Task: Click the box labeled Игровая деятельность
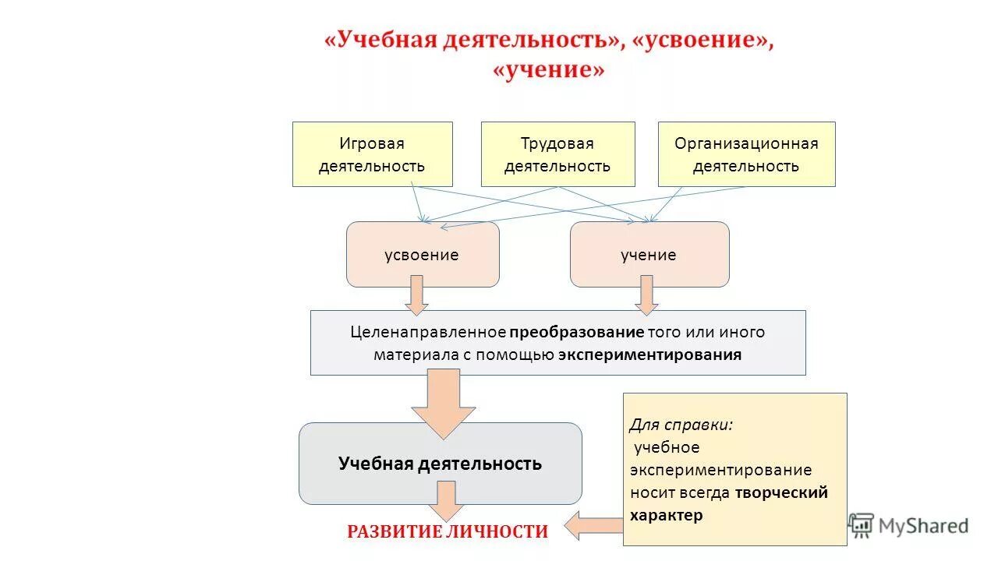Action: pos(372,154)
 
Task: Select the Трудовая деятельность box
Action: pos(557,154)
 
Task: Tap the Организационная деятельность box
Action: pos(746,154)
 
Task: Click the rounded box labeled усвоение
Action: pos(422,255)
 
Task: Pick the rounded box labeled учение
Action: pos(649,255)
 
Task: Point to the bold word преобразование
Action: pos(577,332)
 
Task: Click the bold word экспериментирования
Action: pos(649,355)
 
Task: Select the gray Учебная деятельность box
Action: pos(440,464)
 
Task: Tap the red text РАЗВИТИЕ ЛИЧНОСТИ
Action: pos(448,531)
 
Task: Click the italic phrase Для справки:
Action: pos(681,425)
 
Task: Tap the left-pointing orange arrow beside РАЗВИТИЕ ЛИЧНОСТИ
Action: pos(593,526)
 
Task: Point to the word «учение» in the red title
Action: pos(548,70)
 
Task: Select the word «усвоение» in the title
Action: pos(705,41)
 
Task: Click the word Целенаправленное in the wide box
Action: pos(428,332)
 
